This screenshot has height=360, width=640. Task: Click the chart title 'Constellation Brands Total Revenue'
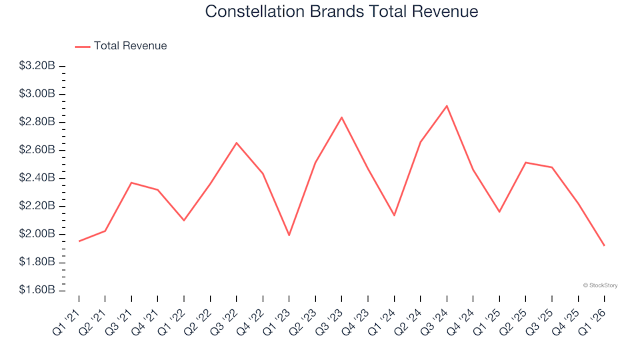pos(341,12)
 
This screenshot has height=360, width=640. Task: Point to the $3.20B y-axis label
pos(37,66)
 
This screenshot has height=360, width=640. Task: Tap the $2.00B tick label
pos(37,234)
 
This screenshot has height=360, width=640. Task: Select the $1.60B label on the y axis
pos(37,290)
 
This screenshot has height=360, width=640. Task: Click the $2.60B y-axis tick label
pos(37,150)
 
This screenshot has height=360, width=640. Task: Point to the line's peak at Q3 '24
pos(447,106)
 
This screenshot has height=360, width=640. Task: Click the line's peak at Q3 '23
pos(341,117)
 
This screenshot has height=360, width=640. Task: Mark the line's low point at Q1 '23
pos(289,235)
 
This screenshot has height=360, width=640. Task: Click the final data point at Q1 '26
pos(604,245)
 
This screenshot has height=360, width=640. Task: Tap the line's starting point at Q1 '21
pos(79,241)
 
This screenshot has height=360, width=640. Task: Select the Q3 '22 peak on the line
pos(237,143)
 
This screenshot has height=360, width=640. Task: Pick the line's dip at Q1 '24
pos(394,215)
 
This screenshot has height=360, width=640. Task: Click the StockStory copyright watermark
pos(600,285)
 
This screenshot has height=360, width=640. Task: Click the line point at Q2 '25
pos(525,163)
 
